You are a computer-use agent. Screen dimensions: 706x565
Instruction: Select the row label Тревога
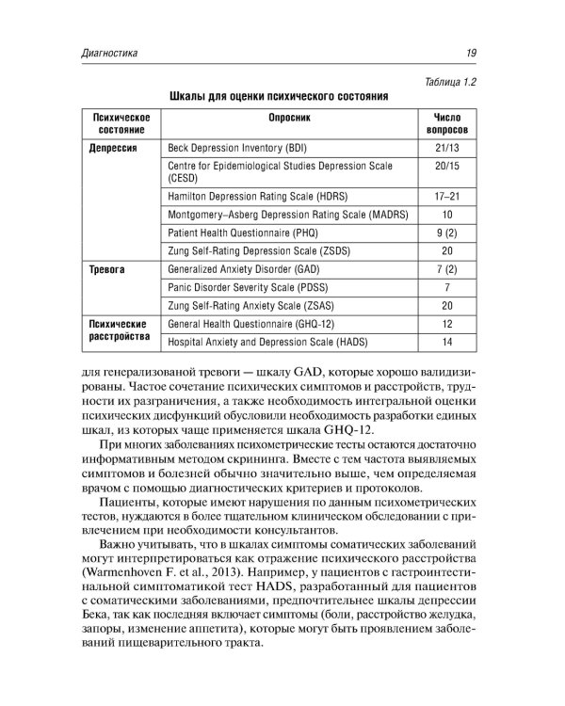[x=106, y=268]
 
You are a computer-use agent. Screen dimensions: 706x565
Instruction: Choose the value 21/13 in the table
[x=447, y=149]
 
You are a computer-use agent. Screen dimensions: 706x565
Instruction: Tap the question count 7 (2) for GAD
[x=447, y=268]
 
